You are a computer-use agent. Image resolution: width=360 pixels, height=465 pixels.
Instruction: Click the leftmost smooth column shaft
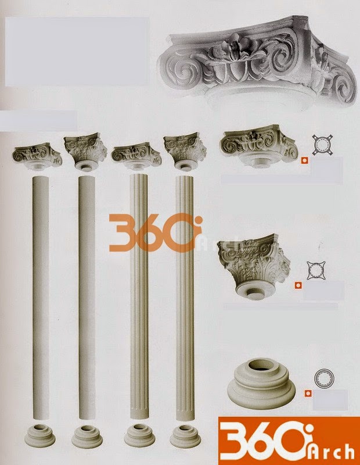coord(41,298)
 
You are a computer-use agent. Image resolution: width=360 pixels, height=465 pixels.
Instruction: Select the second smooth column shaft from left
coord(87,298)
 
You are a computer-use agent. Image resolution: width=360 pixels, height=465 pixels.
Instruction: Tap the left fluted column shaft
coord(139,298)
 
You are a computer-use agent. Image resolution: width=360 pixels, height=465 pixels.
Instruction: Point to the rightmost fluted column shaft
coord(185,298)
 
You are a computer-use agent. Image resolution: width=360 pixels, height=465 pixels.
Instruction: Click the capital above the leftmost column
coord(37,156)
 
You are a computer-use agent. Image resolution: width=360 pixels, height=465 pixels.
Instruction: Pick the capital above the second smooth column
coord(86,152)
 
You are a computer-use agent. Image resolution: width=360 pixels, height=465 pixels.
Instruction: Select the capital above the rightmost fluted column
coord(183,151)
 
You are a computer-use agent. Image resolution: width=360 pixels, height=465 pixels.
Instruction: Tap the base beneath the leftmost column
coord(40,435)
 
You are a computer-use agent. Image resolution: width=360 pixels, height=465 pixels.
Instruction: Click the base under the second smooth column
coord(87,437)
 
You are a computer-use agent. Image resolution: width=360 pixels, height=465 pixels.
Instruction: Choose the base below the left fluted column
coord(139,435)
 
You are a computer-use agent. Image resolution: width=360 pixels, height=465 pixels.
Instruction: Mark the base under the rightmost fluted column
coord(185,437)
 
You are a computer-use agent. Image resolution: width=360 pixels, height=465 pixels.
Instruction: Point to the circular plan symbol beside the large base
coord(324,378)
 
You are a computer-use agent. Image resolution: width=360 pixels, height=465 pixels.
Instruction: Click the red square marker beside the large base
coord(308,394)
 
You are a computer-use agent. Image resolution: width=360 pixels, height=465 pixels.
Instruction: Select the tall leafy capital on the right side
coord(254,266)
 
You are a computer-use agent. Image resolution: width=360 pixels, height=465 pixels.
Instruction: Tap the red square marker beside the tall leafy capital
coord(298,285)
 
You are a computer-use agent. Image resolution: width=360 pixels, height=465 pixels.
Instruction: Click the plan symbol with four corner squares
coord(322,145)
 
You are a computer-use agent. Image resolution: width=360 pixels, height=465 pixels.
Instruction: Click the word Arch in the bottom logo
coord(332,453)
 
